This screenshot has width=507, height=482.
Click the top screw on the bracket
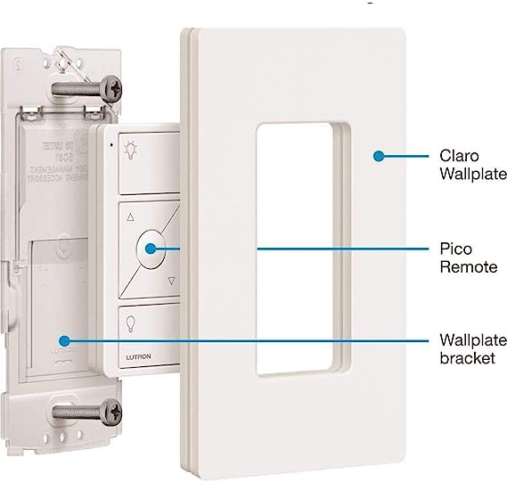113,88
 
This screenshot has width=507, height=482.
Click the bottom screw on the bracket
111,410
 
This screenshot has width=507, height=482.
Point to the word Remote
465,266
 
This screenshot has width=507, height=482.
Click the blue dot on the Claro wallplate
378,156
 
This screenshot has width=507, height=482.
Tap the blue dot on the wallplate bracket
63,339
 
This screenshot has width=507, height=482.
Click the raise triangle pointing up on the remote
132,216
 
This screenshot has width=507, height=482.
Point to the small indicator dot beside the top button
110,143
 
